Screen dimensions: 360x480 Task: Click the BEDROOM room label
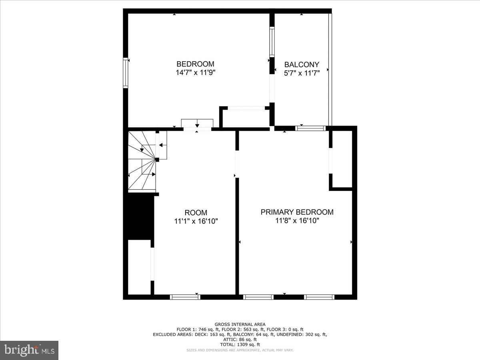click(x=195, y=64)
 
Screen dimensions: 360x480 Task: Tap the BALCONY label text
click(x=302, y=64)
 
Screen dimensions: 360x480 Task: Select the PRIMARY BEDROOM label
click(x=297, y=212)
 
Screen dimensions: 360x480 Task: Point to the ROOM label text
click(x=196, y=213)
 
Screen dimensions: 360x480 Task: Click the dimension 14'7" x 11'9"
click(x=196, y=72)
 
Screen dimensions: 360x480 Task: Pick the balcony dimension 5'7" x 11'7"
click(x=302, y=73)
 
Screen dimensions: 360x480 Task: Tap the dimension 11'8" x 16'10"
click(x=297, y=220)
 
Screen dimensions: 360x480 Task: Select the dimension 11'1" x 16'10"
click(x=196, y=221)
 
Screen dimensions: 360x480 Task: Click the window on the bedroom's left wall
click(x=126, y=73)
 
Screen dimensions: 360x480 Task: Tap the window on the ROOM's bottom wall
click(x=185, y=297)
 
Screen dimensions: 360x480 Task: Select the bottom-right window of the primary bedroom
click(x=319, y=297)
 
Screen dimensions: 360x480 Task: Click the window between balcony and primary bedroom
click(x=311, y=128)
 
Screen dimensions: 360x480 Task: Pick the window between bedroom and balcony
click(x=272, y=42)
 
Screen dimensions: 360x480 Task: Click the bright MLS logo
click(x=29, y=350)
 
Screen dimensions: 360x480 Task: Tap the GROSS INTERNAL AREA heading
click(x=240, y=324)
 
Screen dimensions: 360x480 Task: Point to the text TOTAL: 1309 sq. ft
click(x=240, y=344)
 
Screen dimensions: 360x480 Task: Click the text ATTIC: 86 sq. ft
click(x=240, y=339)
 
